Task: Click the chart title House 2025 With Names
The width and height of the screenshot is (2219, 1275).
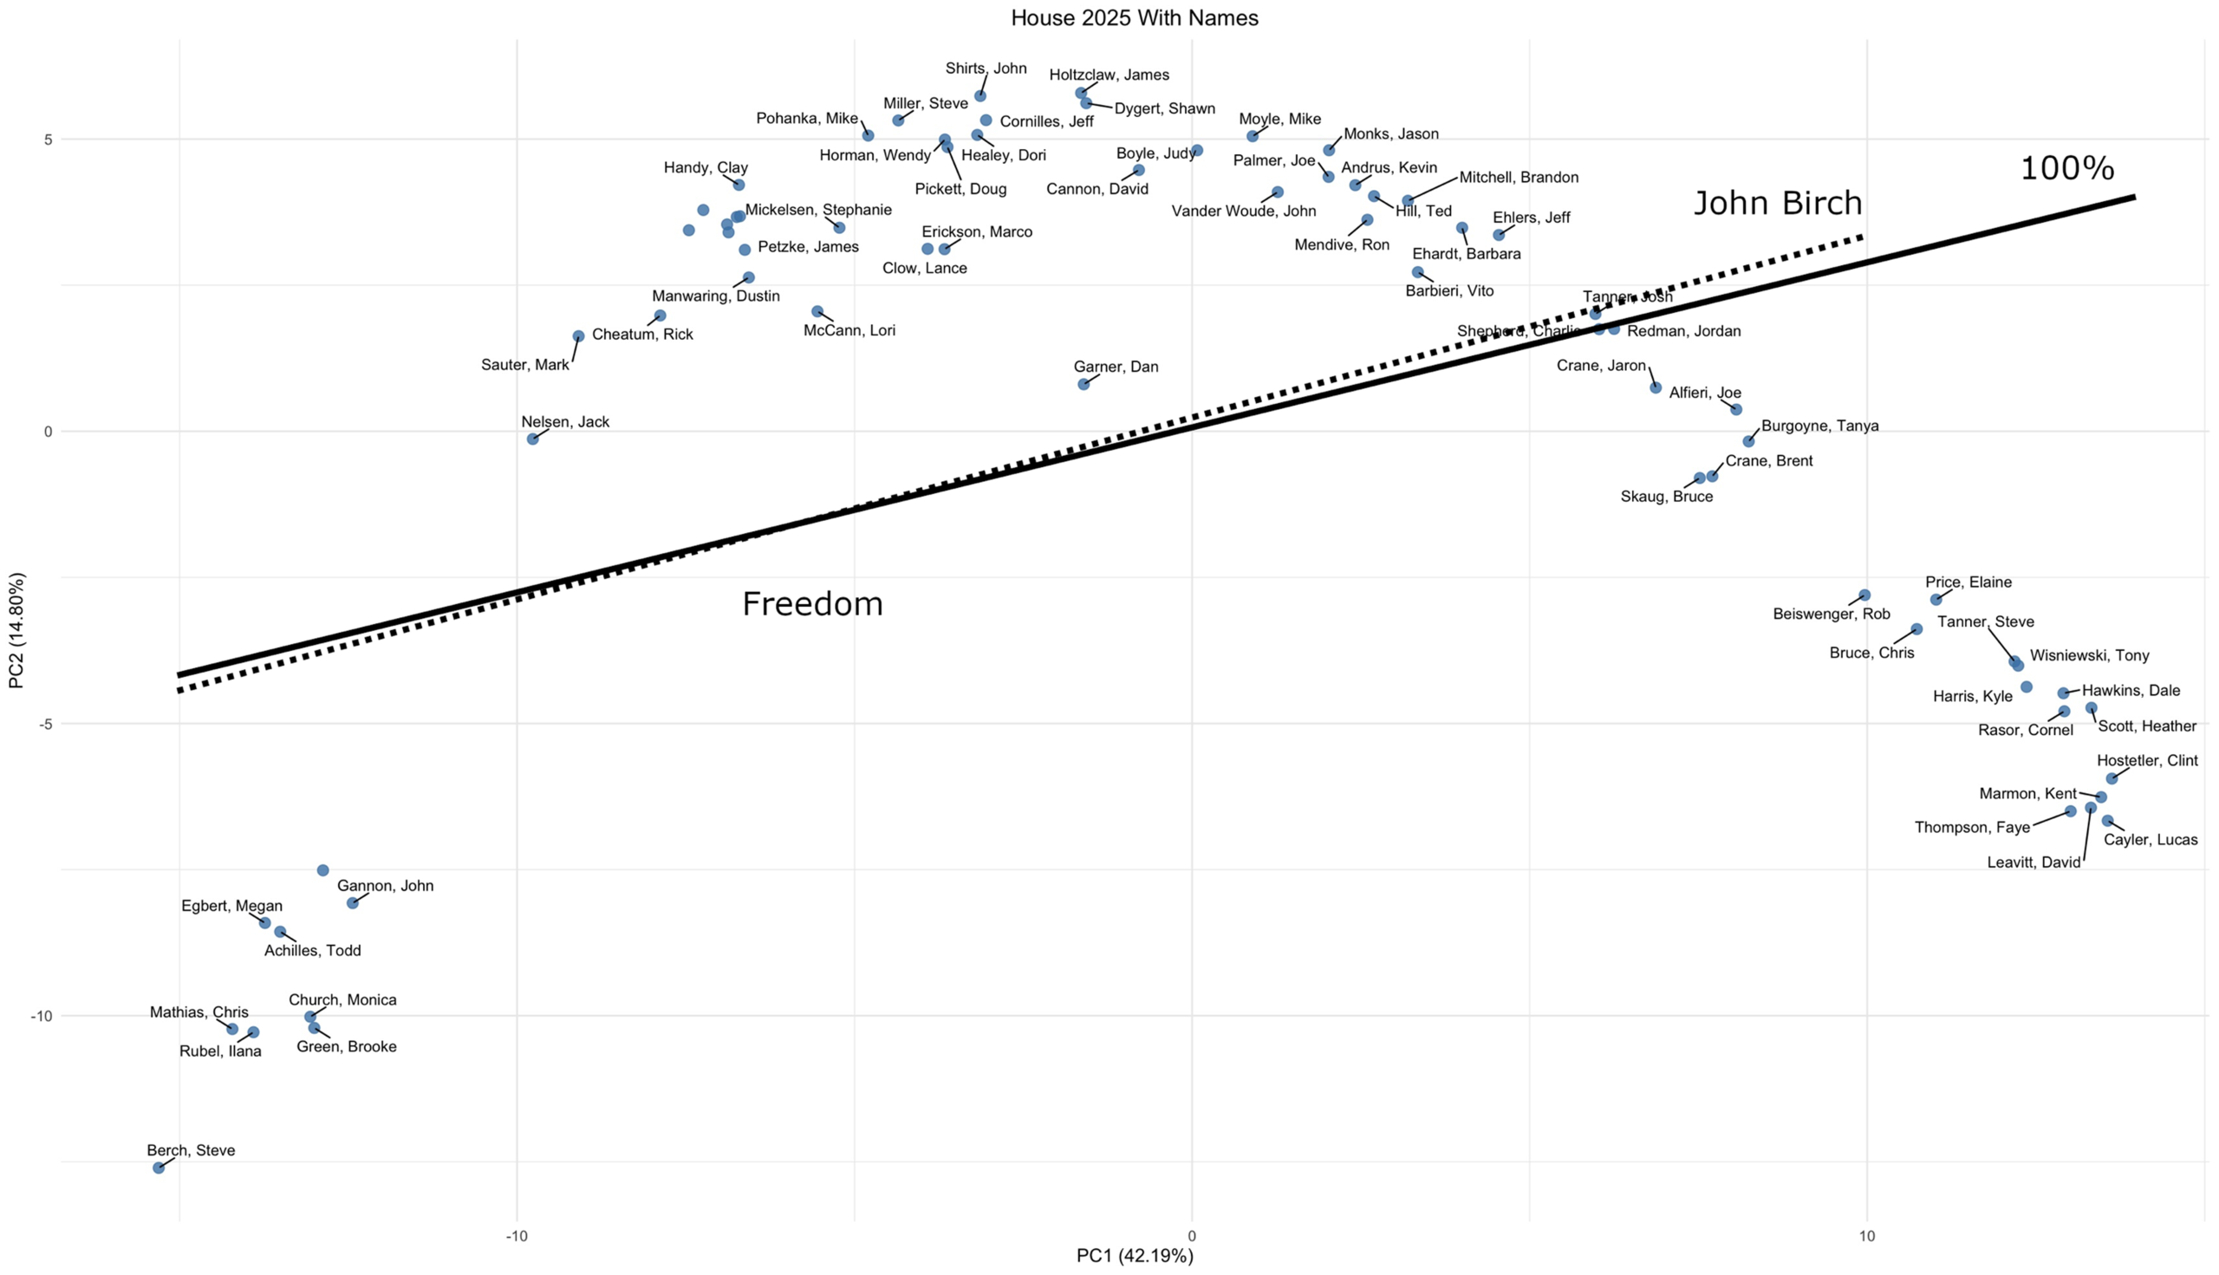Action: [1134, 17]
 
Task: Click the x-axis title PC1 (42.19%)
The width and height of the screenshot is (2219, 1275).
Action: [1134, 1256]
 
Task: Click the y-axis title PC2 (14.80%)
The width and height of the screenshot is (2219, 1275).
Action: [16, 630]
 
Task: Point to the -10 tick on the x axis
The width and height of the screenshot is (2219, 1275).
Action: [517, 1236]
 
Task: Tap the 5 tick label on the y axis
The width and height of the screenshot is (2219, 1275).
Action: [49, 140]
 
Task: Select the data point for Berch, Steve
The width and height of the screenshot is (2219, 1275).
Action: [159, 1168]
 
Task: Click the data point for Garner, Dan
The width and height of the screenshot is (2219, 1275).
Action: [1083, 384]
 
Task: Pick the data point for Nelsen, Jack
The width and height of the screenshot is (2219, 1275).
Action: [532, 439]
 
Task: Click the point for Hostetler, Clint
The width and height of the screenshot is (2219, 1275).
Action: [2112, 778]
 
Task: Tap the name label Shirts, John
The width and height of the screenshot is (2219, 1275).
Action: [986, 68]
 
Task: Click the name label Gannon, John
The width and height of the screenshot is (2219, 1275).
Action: [386, 885]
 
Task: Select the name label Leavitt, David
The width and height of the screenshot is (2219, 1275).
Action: [2034, 862]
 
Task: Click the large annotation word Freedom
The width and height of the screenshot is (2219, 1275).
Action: [813, 604]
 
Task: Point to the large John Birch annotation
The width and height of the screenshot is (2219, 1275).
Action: [1778, 204]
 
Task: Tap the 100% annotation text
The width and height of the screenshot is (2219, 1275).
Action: [2066, 168]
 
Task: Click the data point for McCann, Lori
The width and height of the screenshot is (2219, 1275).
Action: [817, 311]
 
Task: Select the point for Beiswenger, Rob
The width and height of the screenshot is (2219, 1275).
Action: [1864, 595]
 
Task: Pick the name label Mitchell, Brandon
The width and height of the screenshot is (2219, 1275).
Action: [1519, 177]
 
